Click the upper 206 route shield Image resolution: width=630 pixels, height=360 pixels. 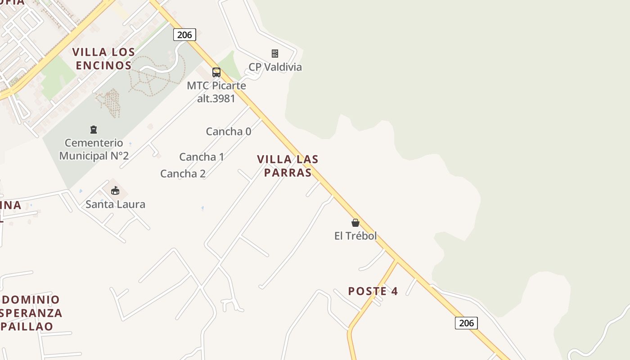click(x=184, y=35)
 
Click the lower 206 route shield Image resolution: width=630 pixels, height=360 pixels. click(x=466, y=323)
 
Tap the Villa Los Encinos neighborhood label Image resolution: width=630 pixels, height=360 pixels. click(x=103, y=59)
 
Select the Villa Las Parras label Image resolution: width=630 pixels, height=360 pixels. click(x=288, y=166)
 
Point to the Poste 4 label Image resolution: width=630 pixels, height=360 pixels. click(x=373, y=291)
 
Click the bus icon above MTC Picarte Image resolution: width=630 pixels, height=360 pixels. click(x=216, y=72)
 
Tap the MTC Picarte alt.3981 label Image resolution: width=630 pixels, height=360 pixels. click(x=216, y=92)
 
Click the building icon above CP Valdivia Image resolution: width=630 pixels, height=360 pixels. click(x=275, y=54)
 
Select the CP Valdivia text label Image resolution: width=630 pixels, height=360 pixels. click(x=275, y=67)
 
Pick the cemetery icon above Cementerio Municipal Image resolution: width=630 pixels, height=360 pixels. click(x=94, y=130)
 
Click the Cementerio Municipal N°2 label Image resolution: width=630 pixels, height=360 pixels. click(x=94, y=149)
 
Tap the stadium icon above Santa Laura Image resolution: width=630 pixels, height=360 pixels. click(x=115, y=190)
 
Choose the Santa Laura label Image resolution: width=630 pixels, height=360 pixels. click(x=115, y=204)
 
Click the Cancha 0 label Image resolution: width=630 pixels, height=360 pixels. click(x=229, y=131)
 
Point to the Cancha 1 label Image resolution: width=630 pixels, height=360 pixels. click(x=202, y=157)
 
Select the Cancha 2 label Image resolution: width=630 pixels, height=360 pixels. click(x=183, y=174)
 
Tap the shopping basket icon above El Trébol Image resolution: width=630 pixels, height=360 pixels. click(x=355, y=222)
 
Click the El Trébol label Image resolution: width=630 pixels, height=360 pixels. click(x=355, y=236)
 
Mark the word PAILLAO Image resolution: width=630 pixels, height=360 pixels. click(x=28, y=326)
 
